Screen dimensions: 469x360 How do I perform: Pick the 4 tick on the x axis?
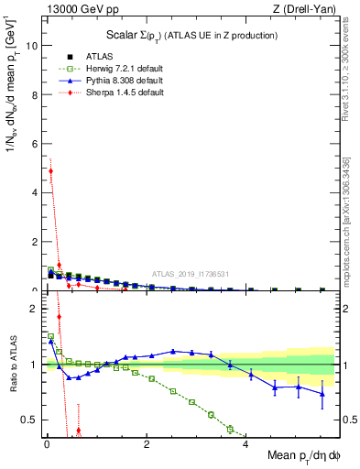point(245,444)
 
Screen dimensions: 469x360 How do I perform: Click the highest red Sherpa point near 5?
point(51,171)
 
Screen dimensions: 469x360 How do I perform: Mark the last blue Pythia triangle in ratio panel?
point(322,394)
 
